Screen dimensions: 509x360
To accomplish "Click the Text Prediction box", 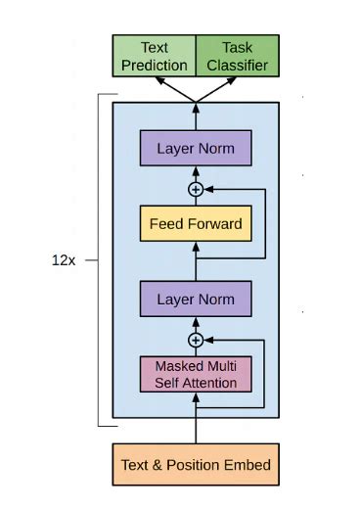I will pos(155,56).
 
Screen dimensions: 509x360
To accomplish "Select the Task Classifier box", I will pos(238,56).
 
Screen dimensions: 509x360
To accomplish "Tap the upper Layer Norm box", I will pos(196,149).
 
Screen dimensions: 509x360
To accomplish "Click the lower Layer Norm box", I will pos(196,296).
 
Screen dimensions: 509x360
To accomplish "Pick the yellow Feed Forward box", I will pos(196,223).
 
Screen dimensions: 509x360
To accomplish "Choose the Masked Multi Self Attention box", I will pos(196,374).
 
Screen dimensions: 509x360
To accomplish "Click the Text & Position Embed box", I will pos(196,464).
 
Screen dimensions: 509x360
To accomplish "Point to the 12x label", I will pos(65,261).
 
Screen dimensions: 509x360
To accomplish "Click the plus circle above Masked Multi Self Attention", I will pos(196,340).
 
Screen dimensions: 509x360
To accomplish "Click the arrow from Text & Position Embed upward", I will pos(196,421).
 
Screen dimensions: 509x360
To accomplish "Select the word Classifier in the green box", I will pos(238,65).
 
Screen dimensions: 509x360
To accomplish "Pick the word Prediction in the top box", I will pos(155,65).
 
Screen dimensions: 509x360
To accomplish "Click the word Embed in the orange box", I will pos(248,464).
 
